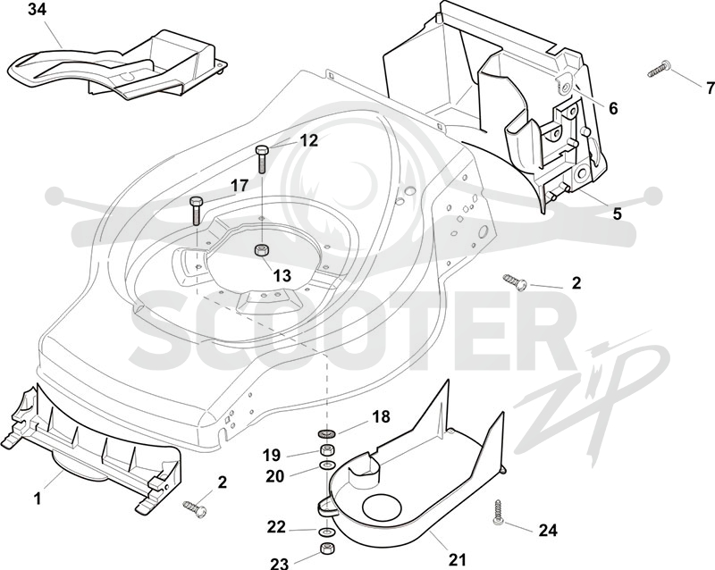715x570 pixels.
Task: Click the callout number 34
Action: pyautogui.click(x=37, y=10)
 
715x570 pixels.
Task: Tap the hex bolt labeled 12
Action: pyautogui.click(x=262, y=159)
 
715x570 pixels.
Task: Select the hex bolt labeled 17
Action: pyautogui.click(x=196, y=210)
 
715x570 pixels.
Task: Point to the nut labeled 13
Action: pyautogui.click(x=261, y=250)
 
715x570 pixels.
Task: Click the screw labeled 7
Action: pyautogui.click(x=659, y=69)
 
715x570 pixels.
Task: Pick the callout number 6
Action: pyautogui.click(x=613, y=108)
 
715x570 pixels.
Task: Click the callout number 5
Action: pyautogui.click(x=617, y=214)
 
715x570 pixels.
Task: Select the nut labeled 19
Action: pyautogui.click(x=326, y=450)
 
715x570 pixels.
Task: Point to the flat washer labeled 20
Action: pyautogui.click(x=326, y=465)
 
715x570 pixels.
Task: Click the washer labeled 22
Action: pyautogui.click(x=325, y=532)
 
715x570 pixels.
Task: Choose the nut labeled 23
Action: pyautogui.click(x=325, y=549)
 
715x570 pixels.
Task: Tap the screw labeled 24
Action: pyautogui.click(x=499, y=513)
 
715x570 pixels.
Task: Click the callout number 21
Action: pyautogui.click(x=458, y=559)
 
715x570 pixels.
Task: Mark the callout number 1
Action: pyautogui.click(x=38, y=499)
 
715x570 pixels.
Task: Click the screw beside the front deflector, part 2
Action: pyautogui.click(x=194, y=507)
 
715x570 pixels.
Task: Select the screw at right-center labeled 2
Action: pyautogui.click(x=516, y=281)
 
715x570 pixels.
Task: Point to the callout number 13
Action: pyautogui.click(x=282, y=275)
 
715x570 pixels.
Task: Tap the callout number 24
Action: pyautogui.click(x=548, y=531)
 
